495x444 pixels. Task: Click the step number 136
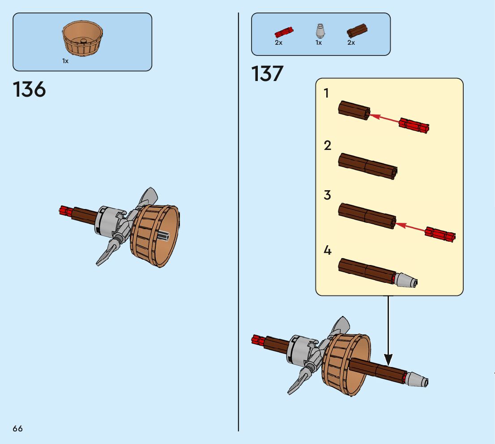tap(30, 90)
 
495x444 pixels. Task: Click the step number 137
tap(268, 74)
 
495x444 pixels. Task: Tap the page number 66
tap(17, 428)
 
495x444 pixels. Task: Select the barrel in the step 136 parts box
tap(83, 39)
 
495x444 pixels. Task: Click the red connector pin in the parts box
tap(283, 32)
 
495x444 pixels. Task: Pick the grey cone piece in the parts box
tap(319, 31)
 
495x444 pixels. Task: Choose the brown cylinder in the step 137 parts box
tap(357, 31)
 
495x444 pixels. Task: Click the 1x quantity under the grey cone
tap(319, 43)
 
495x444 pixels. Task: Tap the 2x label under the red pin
tap(278, 43)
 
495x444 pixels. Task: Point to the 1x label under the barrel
tap(65, 61)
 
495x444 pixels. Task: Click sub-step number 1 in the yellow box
tap(327, 94)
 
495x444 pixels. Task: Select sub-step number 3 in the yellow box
tap(328, 195)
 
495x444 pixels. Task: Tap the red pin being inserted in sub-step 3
tap(440, 234)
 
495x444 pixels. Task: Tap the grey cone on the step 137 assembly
tap(417, 380)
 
